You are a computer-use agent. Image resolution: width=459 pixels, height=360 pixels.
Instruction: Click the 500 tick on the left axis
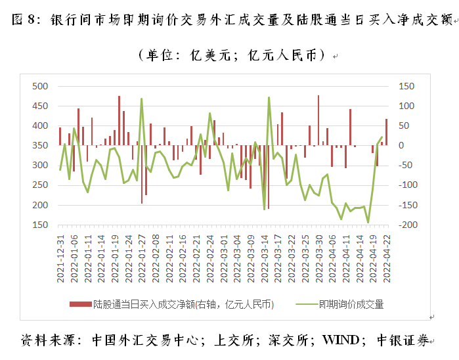pos(41,86)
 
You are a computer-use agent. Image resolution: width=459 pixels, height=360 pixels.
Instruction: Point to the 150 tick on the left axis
pos(41,225)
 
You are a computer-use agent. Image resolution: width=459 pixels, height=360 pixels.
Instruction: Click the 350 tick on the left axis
pos(41,145)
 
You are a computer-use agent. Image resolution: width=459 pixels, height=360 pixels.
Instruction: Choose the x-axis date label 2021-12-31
pos(60,260)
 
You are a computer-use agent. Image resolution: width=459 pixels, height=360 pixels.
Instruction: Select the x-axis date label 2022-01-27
pos(142,260)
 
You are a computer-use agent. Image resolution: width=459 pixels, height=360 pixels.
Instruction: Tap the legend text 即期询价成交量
pos(351,304)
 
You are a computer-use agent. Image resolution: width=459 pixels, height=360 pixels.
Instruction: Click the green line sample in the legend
pos(304,304)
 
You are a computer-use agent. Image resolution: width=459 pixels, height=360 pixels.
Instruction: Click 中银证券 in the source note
pos(405,340)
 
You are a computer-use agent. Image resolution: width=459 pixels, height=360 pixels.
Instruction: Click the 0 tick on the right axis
pos(401,145)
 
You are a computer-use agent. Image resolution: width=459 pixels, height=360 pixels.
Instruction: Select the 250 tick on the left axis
pos(41,185)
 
